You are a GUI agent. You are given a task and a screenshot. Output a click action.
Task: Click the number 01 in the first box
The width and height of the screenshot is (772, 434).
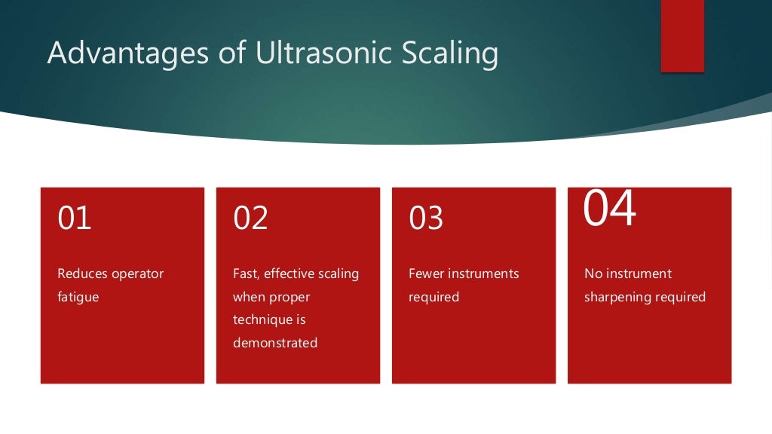(x=75, y=218)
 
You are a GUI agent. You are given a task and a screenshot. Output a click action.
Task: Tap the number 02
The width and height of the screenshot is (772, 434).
(x=250, y=218)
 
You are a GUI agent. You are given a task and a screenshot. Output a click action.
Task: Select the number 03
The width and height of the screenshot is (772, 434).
(x=426, y=218)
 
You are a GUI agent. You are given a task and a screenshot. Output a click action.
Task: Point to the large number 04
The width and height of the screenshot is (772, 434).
(x=610, y=209)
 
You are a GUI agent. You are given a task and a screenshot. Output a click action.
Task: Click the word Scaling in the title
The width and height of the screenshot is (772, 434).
(x=452, y=54)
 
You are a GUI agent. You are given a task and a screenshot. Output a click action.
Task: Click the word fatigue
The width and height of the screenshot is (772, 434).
(x=78, y=297)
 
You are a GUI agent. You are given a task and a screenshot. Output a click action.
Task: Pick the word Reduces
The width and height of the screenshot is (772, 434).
(x=82, y=274)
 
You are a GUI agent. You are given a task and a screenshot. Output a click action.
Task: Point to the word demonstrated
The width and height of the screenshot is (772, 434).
(x=275, y=343)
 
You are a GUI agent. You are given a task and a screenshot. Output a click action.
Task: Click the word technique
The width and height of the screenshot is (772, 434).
(x=259, y=319)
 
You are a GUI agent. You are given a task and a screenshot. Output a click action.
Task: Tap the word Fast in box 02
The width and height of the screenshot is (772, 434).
(x=246, y=274)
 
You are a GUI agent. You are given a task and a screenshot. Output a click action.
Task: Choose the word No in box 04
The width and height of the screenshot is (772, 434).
(x=593, y=274)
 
